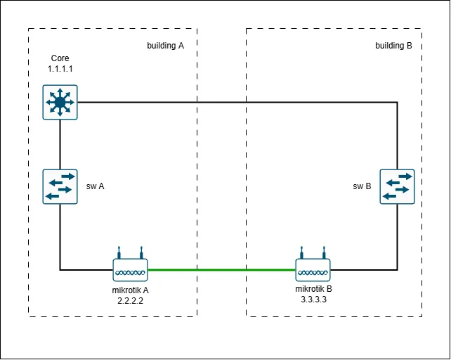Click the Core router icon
60,103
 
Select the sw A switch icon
60,186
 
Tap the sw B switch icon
397,186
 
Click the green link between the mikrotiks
222,269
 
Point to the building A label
165,46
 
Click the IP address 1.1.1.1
60,68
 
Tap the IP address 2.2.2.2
131,300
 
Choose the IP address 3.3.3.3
313,299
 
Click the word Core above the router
60,58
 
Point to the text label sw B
362,187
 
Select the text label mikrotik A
131,290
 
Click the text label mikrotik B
313,289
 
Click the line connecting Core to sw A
60,144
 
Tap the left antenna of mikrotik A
120,252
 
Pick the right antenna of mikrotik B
324,252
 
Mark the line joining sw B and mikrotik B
397,239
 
